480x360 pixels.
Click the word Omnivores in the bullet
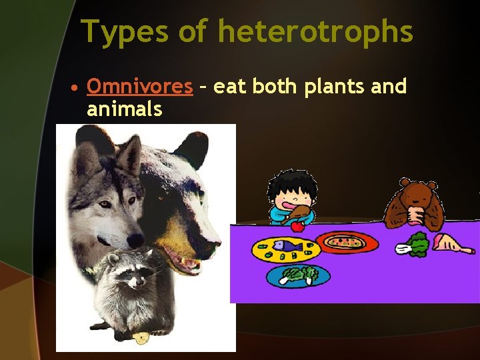[x=139, y=87]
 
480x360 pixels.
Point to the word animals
[x=124, y=109]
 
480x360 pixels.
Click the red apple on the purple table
[x=297, y=225]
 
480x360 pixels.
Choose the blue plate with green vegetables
[x=298, y=275]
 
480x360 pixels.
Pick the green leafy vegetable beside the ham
[x=416, y=245]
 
